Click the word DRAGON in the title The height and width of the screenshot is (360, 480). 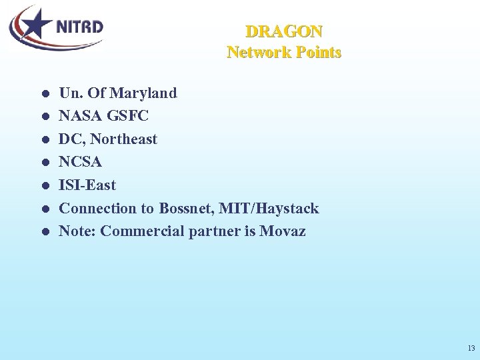click(x=284, y=31)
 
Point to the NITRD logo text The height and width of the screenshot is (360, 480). click(x=79, y=27)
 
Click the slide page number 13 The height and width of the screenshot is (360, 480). click(x=471, y=349)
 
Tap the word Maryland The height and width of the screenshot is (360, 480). click(x=143, y=93)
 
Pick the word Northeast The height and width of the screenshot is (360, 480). click(x=124, y=139)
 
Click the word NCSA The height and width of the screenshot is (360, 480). click(x=81, y=162)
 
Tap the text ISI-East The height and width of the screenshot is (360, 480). click(x=87, y=185)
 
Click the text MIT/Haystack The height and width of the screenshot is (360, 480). click(x=272, y=208)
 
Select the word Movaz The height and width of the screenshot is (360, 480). click(x=283, y=231)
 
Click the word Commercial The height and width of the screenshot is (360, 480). click(x=141, y=231)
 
